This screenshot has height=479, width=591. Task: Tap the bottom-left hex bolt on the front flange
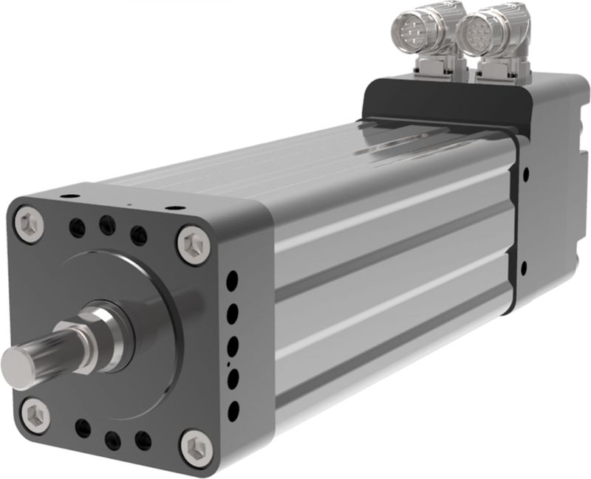click(34, 415)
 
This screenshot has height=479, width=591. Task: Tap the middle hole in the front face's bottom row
click(112, 441)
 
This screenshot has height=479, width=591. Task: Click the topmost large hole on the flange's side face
click(232, 280)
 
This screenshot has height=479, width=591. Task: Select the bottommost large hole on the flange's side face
click(234, 410)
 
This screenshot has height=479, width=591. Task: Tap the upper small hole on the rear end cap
click(525, 175)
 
